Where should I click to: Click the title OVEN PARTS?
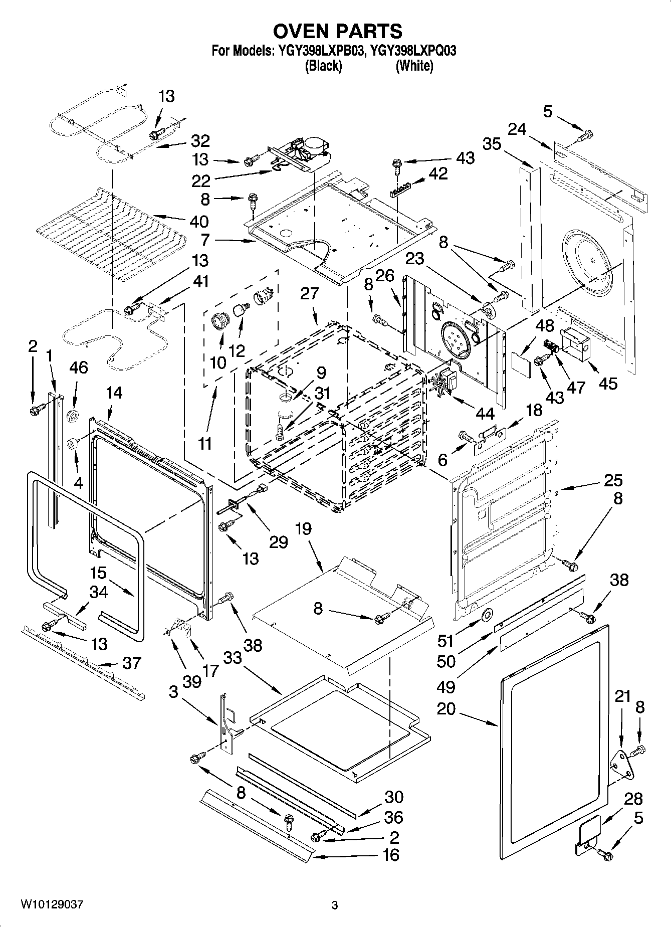click(x=337, y=31)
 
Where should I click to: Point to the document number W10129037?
click(x=52, y=904)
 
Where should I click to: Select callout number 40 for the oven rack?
click(x=199, y=221)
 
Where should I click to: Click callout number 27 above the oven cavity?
click(x=309, y=293)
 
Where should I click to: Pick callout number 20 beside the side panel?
click(x=446, y=708)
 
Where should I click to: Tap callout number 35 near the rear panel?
click(x=492, y=144)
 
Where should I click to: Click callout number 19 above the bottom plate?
click(x=303, y=529)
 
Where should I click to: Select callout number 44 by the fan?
click(x=485, y=414)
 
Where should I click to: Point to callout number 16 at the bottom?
click(x=390, y=854)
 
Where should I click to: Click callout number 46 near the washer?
click(x=78, y=367)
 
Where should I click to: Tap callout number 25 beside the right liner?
click(x=612, y=480)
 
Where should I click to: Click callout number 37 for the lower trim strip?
click(x=132, y=663)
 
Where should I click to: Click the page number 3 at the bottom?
click(x=334, y=905)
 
